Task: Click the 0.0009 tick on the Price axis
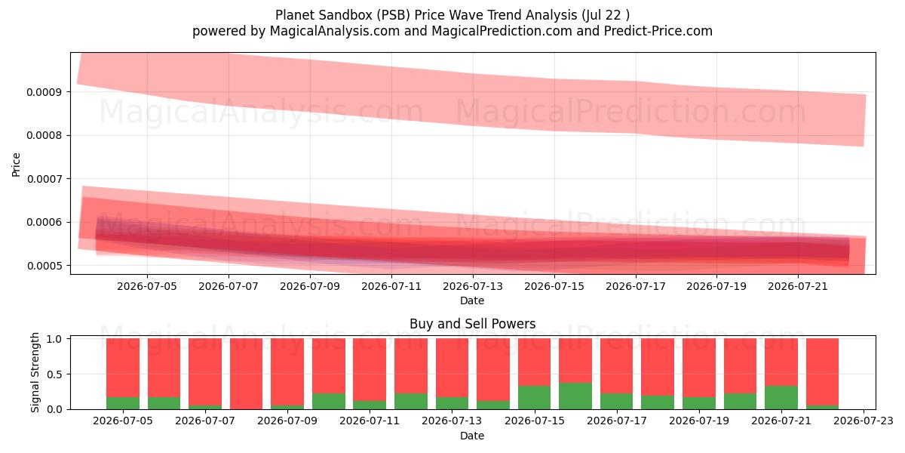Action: (x=44, y=92)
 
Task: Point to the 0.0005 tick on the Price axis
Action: (x=44, y=266)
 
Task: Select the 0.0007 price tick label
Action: (x=44, y=179)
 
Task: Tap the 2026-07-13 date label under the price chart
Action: (x=473, y=286)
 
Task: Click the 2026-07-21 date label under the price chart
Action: (x=798, y=286)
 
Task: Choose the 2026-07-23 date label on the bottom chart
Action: (x=864, y=421)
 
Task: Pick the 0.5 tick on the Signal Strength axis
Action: (x=54, y=374)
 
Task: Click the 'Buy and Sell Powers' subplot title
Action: (x=473, y=324)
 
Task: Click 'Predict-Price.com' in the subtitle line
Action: (x=658, y=31)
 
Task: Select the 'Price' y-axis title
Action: (x=16, y=165)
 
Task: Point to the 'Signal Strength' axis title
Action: (x=35, y=372)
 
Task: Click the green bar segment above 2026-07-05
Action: (x=123, y=403)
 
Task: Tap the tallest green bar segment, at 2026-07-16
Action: (x=575, y=396)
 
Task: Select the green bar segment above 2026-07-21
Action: (x=781, y=398)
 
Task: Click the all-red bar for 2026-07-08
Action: (x=246, y=374)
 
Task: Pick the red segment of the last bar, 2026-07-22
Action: (x=823, y=372)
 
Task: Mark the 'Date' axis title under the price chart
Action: (x=472, y=301)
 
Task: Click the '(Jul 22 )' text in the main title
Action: (x=606, y=15)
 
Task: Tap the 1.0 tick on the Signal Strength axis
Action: (x=54, y=339)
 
